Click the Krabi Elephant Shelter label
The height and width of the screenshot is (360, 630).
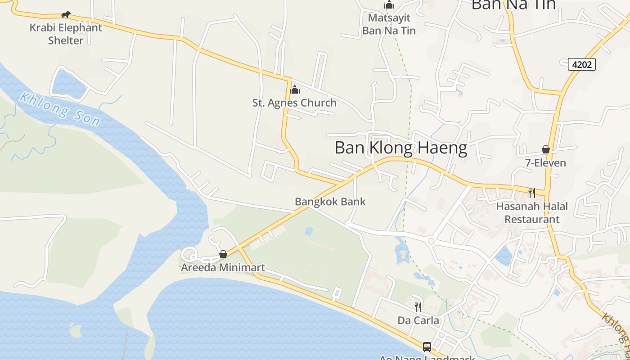pos(66,34)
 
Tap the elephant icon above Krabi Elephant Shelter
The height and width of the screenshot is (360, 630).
pos(66,14)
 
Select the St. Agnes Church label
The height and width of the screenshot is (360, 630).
pos(294,103)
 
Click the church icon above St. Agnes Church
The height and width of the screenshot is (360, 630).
pos(295,90)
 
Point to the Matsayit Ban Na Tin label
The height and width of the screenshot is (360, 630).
pos(389,24)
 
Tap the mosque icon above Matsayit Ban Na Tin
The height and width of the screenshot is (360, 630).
pos(389,5)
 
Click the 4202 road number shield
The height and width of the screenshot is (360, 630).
pos(581,64)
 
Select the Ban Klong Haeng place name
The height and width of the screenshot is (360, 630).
pos(400,148)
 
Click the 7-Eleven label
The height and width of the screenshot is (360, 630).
pos(545,162)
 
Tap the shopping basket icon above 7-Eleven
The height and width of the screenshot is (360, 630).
pos(545,149)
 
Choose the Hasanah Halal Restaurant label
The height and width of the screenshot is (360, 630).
pos(532,212)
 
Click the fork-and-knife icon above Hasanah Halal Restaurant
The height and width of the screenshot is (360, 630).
pos(532,193)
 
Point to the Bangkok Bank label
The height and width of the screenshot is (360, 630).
pos(330,202)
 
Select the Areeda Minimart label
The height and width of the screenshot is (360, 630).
pos(223,268)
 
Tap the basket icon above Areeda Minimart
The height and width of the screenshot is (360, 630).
pos(223,255)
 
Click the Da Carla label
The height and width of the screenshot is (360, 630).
pos(418,320)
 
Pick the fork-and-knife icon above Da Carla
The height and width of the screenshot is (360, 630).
pos(418,307)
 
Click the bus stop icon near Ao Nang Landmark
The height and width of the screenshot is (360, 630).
pos(427,347)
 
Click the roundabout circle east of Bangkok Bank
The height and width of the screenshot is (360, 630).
pos(431,242)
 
